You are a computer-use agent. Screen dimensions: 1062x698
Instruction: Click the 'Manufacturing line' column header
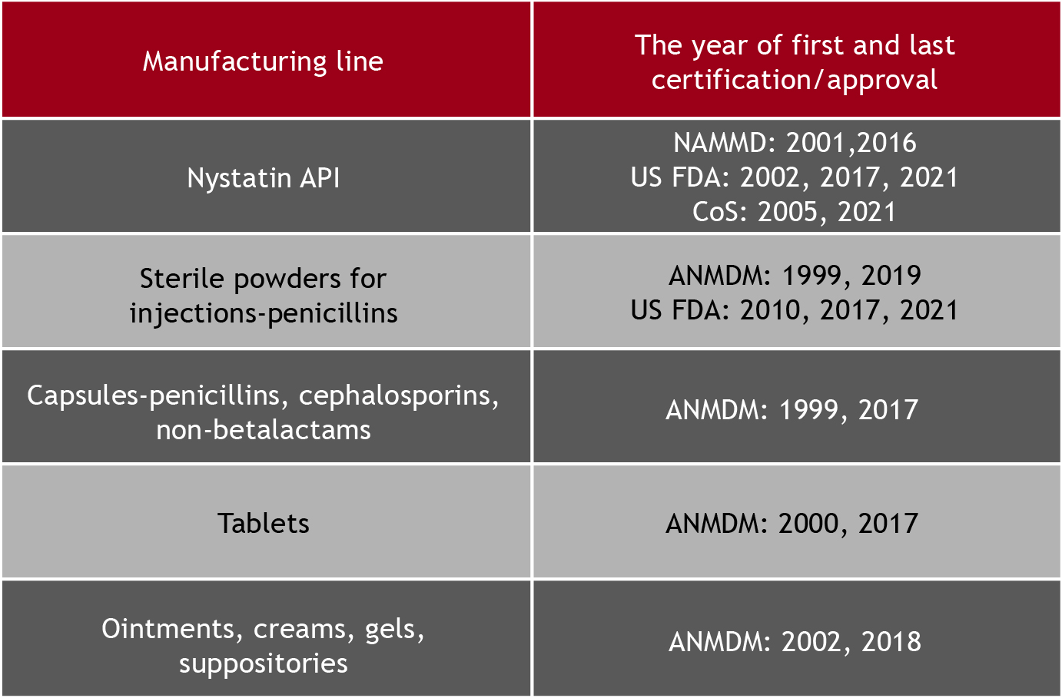[263, 61]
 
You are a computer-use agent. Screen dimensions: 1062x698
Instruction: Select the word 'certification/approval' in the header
[794, 80]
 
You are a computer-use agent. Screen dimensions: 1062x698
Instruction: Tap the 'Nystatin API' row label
[263, 178]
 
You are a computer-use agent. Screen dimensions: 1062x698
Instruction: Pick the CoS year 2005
[788, 211]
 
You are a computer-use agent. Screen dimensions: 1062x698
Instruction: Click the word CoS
[715, 211]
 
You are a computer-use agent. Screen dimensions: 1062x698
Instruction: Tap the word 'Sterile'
[181, 278]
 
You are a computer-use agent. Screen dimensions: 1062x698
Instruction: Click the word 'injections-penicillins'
[264, 314]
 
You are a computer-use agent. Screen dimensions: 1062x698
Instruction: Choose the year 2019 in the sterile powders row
[891, 276]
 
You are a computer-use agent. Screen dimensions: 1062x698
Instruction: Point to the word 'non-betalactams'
[264, 430]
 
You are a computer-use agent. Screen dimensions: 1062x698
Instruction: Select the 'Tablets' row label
[263, 524]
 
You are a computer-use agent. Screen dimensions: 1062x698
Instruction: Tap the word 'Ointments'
[168, 629]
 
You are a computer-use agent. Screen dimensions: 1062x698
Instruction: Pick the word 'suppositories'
[263, 663]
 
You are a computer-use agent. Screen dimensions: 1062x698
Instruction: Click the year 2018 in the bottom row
[891, 642]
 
